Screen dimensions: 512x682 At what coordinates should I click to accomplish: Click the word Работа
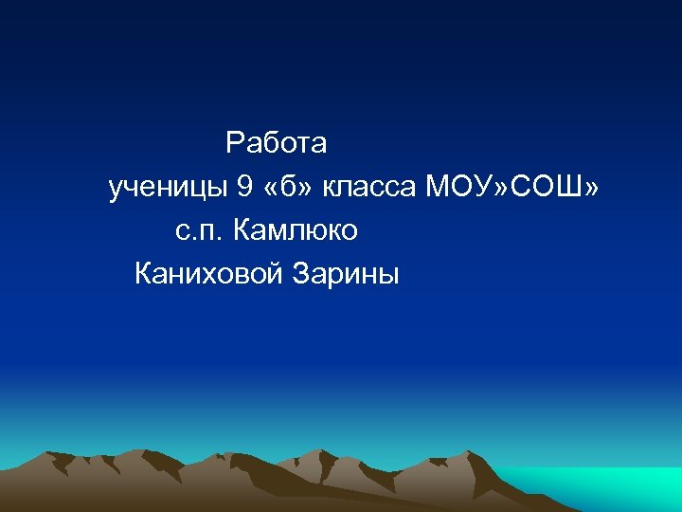pyautogui.click(x=276, y=144)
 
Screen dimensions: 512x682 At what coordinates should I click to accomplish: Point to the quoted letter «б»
pyautogui.click(x=289, y=188)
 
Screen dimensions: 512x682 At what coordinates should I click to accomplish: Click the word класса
pyautogui.click(x=369, y=189)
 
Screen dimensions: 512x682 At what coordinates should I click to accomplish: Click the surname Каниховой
pyautogui.click(x=209, y=275)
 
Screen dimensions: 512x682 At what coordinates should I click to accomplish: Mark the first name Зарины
pyautogui.click(x=347, y=276)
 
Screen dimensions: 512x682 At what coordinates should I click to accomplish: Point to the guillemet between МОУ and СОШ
pyautogui.click(x=503, y=189)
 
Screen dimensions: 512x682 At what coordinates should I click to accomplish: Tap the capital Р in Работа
pyautogui.click(x=235, y=144)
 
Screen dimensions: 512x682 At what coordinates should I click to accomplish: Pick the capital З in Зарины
pyautogui.click(x=300, y=275)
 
